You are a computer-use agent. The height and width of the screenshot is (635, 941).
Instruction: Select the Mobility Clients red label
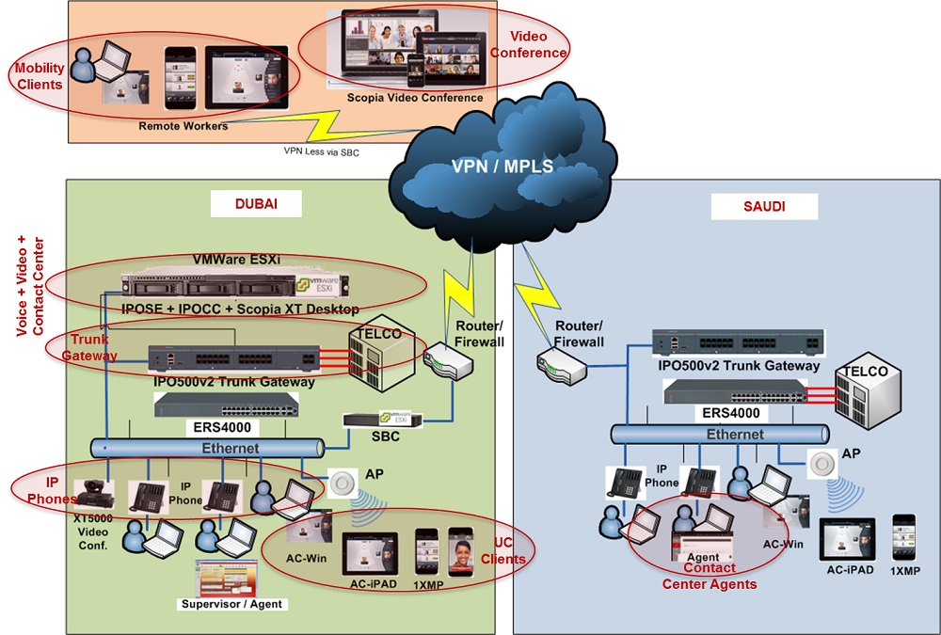click(x=39, y=76)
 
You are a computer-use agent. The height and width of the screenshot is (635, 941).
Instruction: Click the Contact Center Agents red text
click(x=710, y=577)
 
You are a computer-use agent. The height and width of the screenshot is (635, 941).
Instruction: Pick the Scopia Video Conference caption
click(x=415, y=98)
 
